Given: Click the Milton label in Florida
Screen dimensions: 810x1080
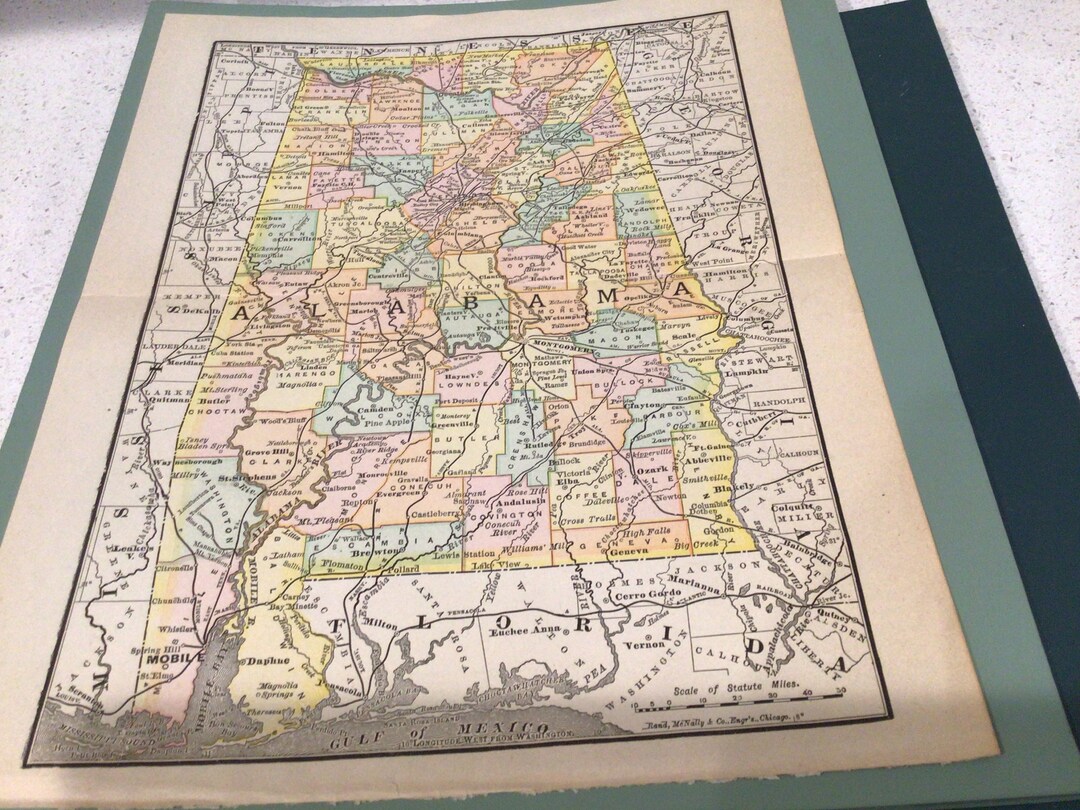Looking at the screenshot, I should (384, 621).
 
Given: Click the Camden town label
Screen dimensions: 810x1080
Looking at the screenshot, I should (366, 410).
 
